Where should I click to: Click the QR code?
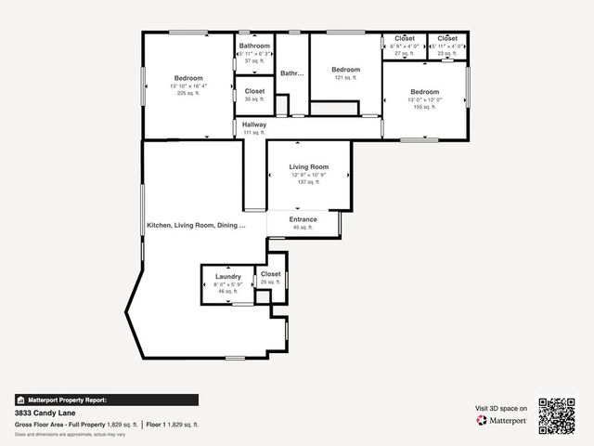coord(557,416)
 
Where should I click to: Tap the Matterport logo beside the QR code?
coord(502,421)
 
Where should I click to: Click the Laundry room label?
coord(228,277)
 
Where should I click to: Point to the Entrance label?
coord(303,220)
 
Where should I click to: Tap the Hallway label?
coord(253,125)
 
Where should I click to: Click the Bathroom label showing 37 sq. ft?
coord(254,46)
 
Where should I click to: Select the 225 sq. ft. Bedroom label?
coord(188,78)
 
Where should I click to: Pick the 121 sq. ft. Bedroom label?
coord(345,70)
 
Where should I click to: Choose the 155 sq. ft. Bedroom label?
coord(424,92)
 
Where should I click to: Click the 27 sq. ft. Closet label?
coord(405,38)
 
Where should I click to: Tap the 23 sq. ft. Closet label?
coord(447,38)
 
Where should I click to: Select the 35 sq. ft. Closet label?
coord(254,91)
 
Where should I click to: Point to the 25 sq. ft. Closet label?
coord(270,274)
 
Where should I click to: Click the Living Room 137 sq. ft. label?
coord(308,167)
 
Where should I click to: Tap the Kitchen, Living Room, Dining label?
coord(196,226)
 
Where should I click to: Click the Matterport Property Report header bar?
coord(106,400)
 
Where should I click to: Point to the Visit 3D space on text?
coord(501,408)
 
